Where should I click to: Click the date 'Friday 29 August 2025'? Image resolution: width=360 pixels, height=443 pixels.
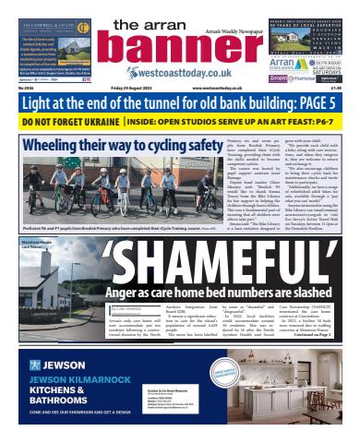(110, 90)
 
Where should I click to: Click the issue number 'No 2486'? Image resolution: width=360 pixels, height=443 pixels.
(28, 90)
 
